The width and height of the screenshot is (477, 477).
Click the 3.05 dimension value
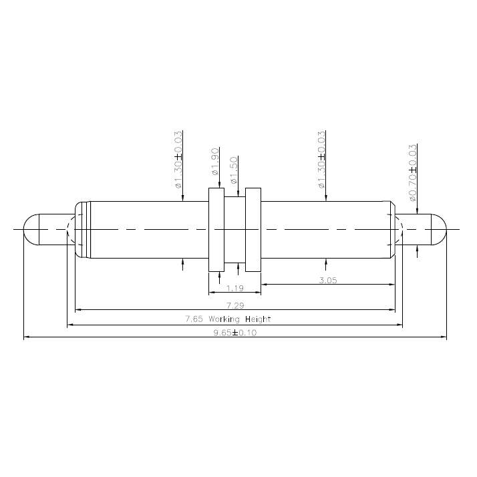(327, 281)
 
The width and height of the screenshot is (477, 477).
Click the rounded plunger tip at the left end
(29, 229)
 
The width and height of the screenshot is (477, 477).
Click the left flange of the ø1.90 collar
(216, 229)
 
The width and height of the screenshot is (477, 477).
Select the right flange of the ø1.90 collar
(253, 229)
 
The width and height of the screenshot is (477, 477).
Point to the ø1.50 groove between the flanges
(234, 229)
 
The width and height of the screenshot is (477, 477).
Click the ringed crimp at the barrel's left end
(82, 229)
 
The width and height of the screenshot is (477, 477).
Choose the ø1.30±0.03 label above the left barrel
(178, 160)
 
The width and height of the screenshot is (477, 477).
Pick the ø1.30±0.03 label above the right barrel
(322, 160)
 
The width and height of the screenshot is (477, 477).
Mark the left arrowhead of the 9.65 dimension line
(27, 338)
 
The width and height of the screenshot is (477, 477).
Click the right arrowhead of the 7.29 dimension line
(391, 310)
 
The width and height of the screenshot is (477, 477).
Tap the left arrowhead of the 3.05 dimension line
(265, 285)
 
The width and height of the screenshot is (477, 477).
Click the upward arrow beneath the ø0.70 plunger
(418, 250)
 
